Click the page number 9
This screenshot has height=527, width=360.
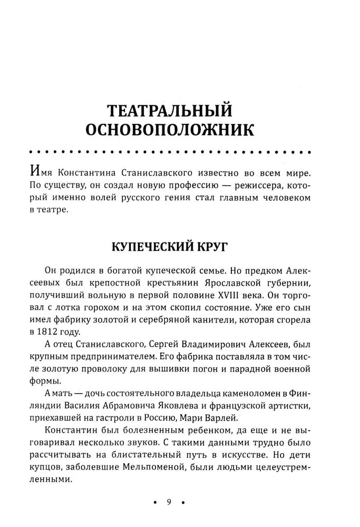169,502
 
